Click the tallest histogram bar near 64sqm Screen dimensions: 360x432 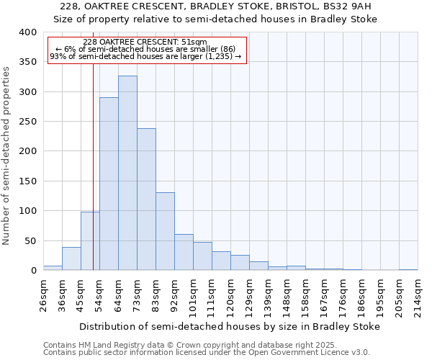[127, 173]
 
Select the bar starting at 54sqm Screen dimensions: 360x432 [109, 184]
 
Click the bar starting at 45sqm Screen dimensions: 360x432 [90, 241]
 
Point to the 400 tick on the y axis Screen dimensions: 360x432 [27, 32]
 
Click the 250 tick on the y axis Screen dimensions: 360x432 [27, 122]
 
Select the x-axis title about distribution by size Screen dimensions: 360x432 [230, 326]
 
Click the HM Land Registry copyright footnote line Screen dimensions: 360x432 [206, 345]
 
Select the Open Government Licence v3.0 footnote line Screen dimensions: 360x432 [206, 353]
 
